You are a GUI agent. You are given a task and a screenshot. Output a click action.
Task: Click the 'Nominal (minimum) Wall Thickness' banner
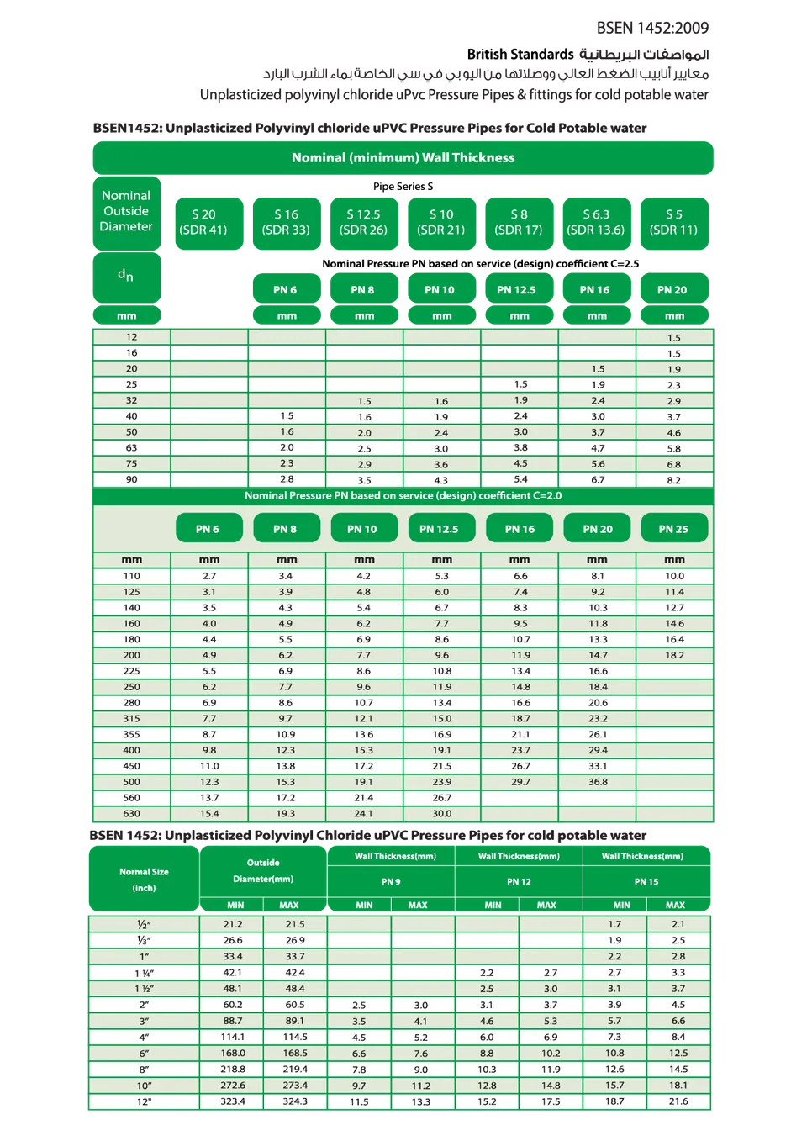click(403, 158)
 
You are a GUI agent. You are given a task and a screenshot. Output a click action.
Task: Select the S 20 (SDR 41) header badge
click(203, 222)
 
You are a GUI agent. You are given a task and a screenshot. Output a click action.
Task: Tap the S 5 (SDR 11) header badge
click(673, 222)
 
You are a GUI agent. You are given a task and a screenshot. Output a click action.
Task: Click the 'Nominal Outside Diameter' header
click(126, 211)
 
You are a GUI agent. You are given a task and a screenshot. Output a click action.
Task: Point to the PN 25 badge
click(673, 529)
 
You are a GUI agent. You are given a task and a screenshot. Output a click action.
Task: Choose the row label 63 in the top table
click(131, 448)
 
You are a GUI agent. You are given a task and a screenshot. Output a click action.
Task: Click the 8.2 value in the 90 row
click(674, 480)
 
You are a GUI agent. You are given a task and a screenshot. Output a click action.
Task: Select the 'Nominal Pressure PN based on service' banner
click(403, 496)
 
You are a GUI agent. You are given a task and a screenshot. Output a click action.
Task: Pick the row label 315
click(132, 719)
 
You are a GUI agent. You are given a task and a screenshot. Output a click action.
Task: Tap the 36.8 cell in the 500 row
click(598, 782)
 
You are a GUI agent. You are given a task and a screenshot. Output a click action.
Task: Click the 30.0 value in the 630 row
click(442, 814)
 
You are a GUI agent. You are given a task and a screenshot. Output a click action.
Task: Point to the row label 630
click(132, 814)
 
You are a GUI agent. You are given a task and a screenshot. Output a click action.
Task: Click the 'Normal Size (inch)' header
click(144, 880)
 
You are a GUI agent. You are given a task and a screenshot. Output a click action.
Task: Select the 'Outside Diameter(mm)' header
click(263, 871)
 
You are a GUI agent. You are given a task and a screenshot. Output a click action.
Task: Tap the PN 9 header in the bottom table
click(391, 882)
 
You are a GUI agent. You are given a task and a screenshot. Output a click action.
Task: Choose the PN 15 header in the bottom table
click(646, 882)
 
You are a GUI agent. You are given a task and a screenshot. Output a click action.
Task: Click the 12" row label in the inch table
click(145, 1101)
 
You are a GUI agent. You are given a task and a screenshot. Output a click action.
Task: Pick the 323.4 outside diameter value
click(233, 1101)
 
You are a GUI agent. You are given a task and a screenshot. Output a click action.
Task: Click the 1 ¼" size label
click(145, 973)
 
